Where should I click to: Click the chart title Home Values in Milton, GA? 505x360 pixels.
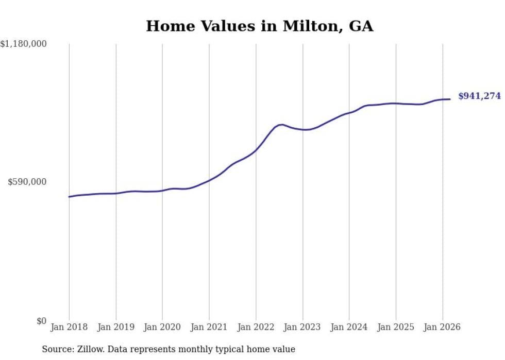[259, 26]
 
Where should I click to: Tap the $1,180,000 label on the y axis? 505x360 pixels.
[24, 44]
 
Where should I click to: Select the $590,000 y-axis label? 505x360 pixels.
[27, 182]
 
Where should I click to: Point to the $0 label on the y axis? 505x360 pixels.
[41, 321]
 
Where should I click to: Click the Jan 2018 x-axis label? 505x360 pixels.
[69, 327]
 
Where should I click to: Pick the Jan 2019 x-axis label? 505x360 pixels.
[116, 327]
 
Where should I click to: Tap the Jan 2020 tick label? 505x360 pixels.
[162, 327]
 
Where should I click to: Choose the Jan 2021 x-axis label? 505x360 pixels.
[209, 327]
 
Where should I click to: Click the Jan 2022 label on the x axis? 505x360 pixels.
[256, 327]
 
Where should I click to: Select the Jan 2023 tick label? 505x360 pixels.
[302, 327]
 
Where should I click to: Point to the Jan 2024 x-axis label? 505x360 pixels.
[349, 327]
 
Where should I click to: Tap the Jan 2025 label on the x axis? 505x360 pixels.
[396, 327]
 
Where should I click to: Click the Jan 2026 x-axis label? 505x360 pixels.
[442, 327]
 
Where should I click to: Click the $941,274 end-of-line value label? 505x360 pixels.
[479, 96]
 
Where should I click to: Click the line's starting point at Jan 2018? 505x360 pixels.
[69, 197]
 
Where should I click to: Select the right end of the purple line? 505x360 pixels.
[450, 99]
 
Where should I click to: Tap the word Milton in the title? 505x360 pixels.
[308, 26]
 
